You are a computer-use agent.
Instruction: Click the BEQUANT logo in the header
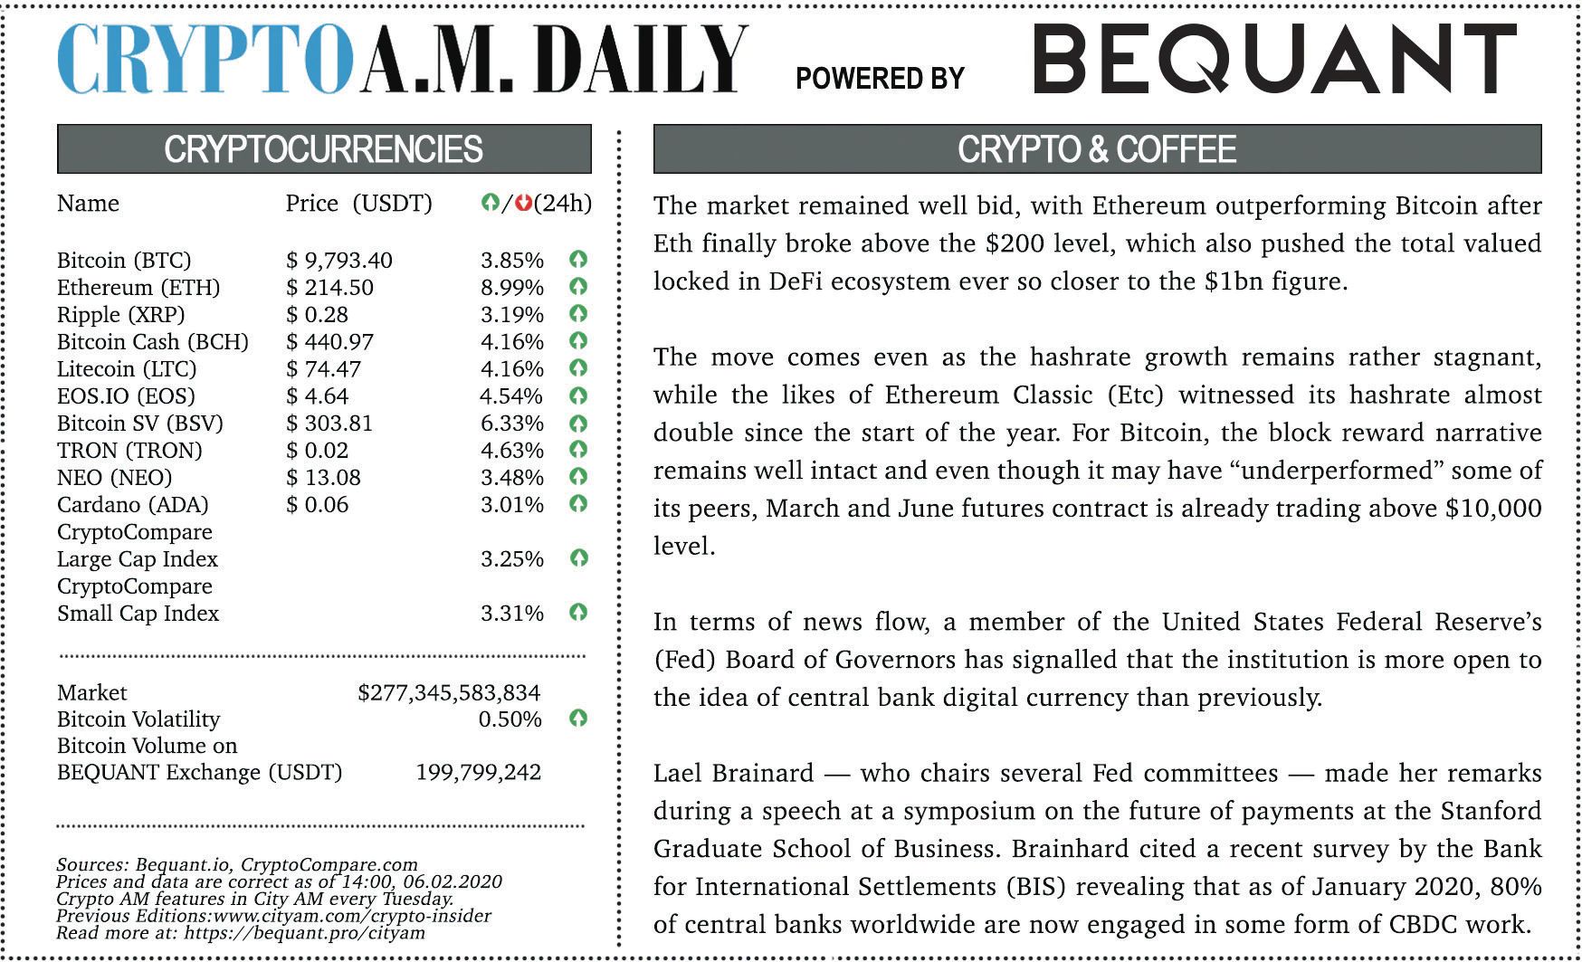click(x=1274, y=60)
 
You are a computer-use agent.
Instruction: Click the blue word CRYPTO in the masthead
click(x=205, y=60)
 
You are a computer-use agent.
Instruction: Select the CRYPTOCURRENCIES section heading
click(x=323, y=149)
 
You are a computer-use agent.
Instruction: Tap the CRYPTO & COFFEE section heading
click(x=1096, y=149)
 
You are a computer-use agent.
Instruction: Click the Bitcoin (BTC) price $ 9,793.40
click(x=339, y=261)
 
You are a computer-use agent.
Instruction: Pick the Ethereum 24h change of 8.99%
click(x=511, y=288)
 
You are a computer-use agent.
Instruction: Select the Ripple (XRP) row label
click(x=120, y=315)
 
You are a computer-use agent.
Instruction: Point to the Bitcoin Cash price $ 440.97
click(x=329, y=342)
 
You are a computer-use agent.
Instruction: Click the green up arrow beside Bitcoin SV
click(x=578, y=423)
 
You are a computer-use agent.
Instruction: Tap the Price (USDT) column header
click(x=358, y=204)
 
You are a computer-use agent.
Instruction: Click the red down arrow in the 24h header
click(x=522, y=204)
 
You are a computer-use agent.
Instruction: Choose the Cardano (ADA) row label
click(x=132, y=505)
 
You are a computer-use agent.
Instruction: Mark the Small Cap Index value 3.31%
click(x=511, y=614)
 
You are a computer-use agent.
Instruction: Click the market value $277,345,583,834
click(x=449, y=693)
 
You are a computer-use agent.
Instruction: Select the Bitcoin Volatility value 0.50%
click(x=510, y=719)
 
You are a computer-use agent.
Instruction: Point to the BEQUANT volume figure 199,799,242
click(x=478, y=773)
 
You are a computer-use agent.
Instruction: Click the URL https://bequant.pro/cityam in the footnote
click(x=304, y=933)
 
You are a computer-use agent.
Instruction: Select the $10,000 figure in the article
click(x=1493, y=509)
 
